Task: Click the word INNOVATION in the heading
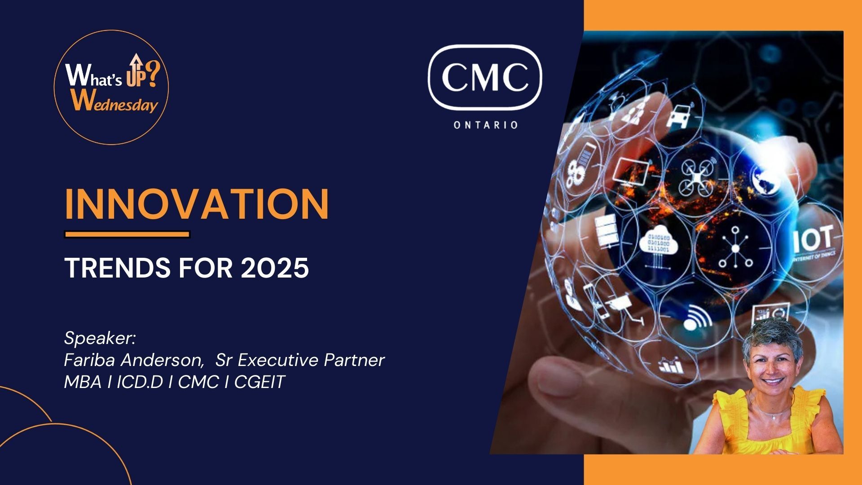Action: (x=197, y=204)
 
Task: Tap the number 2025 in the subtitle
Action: (x=275, y=268)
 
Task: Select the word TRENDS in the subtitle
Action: (x=118, y=268)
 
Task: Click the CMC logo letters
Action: (x=485, y=77)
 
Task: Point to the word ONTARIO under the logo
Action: (x=486, y=125)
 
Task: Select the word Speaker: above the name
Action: (x=100, y=338)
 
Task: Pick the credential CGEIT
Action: (x=259, y=382)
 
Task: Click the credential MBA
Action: (x=83, y=382)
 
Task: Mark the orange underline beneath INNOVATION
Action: (x=128, y=234)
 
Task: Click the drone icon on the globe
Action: (x=696, y=178)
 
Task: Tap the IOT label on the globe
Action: (x=813, y=239)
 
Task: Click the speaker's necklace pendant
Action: (x=773, y=417)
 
